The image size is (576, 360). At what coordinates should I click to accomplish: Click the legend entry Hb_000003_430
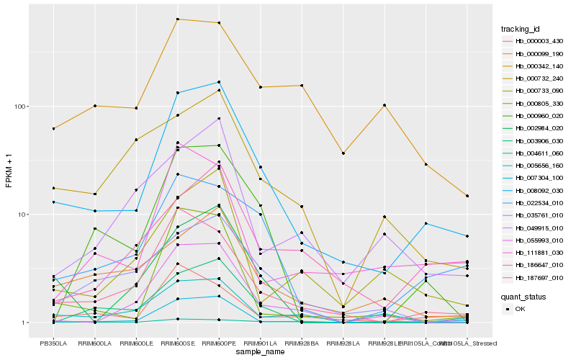pyautogui.click(x=534, y=41)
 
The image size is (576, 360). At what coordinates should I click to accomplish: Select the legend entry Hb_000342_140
pyautogui.click(x=534, y=66)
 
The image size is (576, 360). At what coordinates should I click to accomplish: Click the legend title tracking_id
pyautogui.click(x=521, y=29)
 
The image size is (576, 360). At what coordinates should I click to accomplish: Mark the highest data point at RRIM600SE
pyautogui.click(x=177, y=19)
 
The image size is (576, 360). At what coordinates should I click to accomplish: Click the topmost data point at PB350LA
pyautogui.click(x=53, y=129)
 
